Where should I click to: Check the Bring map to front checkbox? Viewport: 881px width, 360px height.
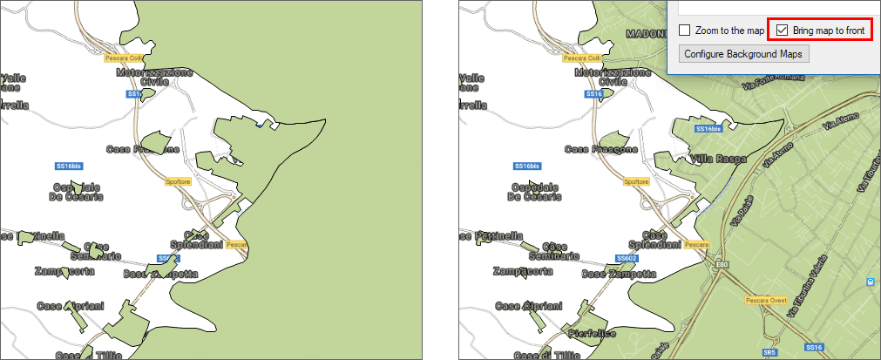[782, 30]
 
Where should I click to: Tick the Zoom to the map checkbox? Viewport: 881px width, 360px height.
[685, 30]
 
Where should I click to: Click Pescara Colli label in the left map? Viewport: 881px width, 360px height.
[122, 58]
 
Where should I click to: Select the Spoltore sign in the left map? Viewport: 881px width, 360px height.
[177, 181]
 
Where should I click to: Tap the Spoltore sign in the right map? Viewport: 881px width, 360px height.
[636, 181]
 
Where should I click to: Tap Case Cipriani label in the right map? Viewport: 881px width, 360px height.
[530, 307]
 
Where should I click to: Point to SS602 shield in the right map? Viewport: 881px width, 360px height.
[627, 258]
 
